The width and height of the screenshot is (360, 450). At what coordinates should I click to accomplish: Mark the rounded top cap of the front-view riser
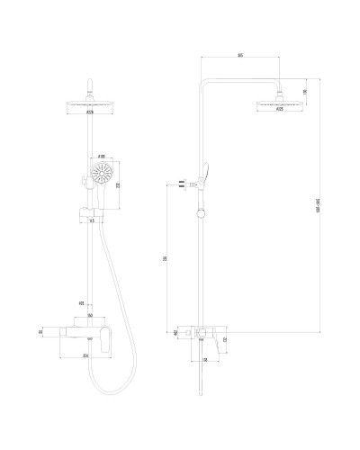pyautogui.click(x=90, y=85)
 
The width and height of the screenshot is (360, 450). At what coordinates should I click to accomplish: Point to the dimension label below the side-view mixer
pyautogui.click(x=207, y=359)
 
